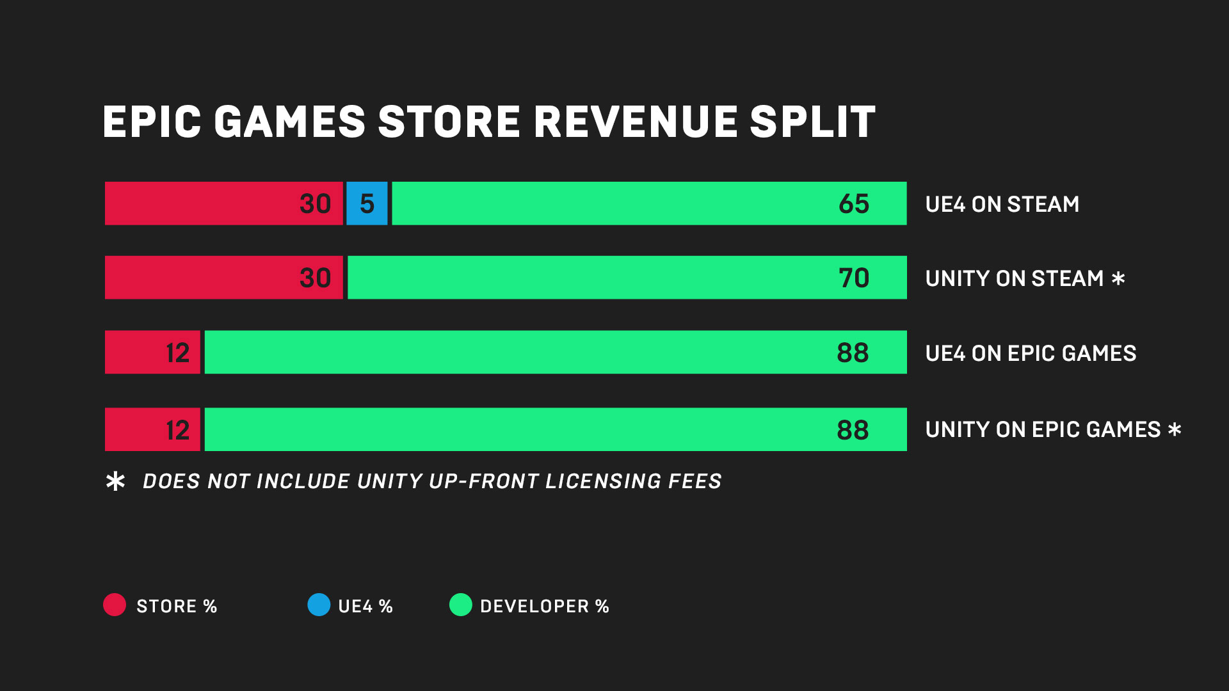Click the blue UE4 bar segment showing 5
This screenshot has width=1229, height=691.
[367, 203]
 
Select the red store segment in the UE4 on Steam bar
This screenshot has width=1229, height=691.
[223, 203]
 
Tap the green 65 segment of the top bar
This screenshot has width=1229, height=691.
[648, 203]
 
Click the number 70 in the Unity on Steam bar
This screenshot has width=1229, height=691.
[854, 278]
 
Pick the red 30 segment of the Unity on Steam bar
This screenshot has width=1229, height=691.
[223, 278]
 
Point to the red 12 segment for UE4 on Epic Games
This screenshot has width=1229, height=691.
[152, 352]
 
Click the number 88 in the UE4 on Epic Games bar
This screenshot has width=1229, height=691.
[853, 353]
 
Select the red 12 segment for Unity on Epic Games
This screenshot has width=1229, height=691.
[152, 429]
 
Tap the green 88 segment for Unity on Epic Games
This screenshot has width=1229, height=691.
[555, 429]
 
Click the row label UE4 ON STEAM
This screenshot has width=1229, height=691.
[1002, 204]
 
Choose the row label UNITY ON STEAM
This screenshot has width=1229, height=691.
[1014, 278]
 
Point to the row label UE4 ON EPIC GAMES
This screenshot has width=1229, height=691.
[1031, 353]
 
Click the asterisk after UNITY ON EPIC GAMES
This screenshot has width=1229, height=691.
[1175, 429]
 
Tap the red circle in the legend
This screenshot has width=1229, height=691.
[115, 605]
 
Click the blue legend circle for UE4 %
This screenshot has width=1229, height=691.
[319, 605]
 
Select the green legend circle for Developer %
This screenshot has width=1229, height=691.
[460, 605]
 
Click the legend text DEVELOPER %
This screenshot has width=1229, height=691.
[544, 606]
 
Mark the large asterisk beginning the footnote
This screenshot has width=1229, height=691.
[115, 481]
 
